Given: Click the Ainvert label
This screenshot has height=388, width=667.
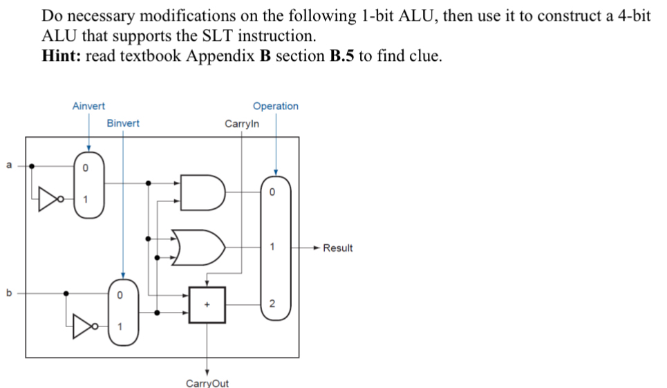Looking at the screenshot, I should [x=88, y=106].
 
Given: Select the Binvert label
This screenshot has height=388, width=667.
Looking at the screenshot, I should [x=122, y=123].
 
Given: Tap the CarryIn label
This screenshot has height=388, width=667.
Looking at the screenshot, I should [x=242, y=124].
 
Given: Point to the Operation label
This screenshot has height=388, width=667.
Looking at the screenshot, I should [x=276, y=106].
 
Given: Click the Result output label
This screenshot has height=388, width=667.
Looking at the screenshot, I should [x=338, y=248].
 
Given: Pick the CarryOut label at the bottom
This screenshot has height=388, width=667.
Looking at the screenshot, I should [x=207, y=382].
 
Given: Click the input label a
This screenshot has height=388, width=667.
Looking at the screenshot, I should [x=9, y=165].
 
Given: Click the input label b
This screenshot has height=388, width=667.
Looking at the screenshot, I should [x=9, y=293].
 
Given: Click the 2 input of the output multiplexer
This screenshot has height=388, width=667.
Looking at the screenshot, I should [x=272, y=304].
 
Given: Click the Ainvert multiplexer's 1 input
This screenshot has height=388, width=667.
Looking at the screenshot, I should [x=86, y=200].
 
